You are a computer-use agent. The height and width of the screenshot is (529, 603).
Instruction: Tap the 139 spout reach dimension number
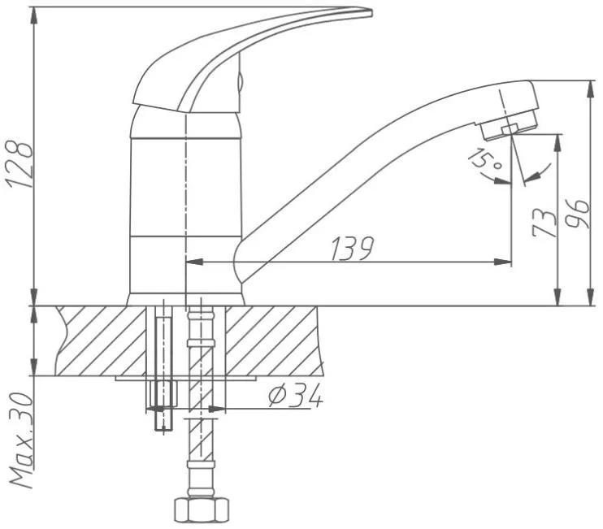point(353,249)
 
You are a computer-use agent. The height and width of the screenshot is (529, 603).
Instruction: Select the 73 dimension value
point(544,223)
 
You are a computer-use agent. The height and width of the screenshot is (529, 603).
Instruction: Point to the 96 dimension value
point(578,215)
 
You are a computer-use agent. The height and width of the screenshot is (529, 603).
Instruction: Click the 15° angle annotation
point(486,158)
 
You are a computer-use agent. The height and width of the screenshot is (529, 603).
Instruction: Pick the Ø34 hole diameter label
point(295,396)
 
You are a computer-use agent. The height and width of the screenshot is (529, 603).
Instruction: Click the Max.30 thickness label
point(21,440)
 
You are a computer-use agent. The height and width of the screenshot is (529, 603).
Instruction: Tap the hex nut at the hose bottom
point(202,509)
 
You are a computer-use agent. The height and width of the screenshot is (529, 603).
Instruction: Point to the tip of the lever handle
point(371,14)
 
